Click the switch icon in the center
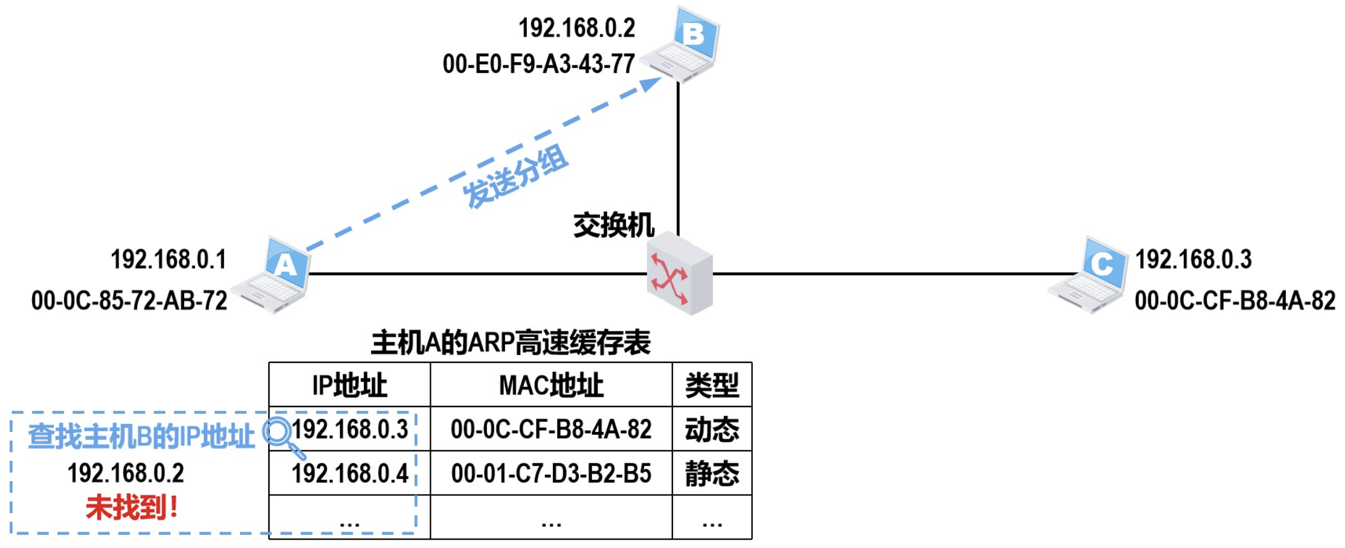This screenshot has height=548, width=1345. point(680,275)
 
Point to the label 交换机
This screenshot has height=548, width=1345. point(613,225)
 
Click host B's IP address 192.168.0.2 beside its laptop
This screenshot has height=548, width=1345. point(577,28)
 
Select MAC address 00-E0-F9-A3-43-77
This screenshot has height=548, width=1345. point(538,64)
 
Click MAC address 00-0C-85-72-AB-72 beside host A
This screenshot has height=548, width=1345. point(129,301)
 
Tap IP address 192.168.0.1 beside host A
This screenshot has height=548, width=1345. point(169,259)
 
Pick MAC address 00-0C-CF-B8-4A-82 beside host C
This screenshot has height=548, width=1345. point(1235,301)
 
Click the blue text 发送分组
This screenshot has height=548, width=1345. point(515,177)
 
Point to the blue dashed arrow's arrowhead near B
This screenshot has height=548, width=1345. point(651,83)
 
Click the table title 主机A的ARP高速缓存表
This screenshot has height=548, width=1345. point(511,343)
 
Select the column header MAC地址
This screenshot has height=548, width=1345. point(551,385)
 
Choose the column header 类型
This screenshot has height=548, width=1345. point(712,385)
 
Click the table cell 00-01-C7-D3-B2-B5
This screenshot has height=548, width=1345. point(551,474)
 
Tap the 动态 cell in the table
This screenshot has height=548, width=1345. point(712,429)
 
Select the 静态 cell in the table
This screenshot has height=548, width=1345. point(712,474)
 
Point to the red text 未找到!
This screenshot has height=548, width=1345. point(132,507)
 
